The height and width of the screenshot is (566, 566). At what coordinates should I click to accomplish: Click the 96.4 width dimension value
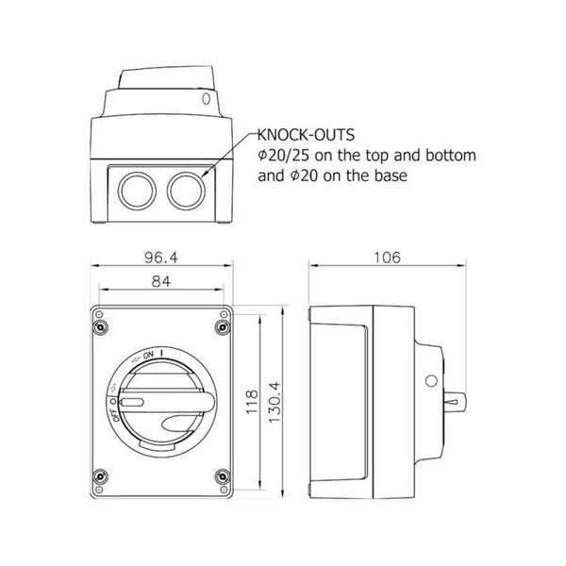click(161, 258)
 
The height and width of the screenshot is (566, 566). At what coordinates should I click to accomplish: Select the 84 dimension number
click(161, 281)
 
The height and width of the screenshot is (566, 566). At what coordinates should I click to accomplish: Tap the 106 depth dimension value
click(387, 258)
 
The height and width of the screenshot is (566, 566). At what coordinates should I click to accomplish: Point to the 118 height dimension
click(252, 402)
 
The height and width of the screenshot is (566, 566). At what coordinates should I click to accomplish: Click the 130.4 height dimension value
click(275, 402)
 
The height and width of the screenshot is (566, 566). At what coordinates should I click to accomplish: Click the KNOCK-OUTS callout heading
click(306, 135)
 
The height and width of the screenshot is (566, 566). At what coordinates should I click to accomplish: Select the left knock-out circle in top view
click(137, 191)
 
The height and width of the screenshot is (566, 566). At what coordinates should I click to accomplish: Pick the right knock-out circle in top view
click(186, 191)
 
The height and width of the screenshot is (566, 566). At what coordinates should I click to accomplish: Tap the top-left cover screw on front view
click(100, 327)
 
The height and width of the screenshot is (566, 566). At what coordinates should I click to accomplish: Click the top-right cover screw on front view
click(223, 327)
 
